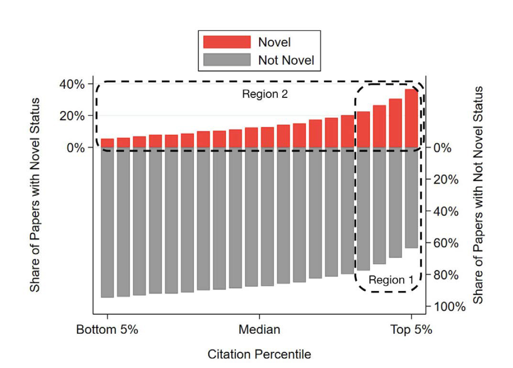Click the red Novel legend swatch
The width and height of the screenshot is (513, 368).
tap(227, 42)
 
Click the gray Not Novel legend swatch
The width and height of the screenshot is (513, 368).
tap(227, 60)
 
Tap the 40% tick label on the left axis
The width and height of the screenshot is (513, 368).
tap(72, 84)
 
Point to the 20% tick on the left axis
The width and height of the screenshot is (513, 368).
tap(72, 116)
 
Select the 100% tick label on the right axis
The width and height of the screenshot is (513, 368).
tap(447, 307)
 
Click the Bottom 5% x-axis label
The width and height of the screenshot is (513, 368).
tap(107, 330)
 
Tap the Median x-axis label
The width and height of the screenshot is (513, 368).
tap(259, 330)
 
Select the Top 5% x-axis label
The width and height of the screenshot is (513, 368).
tap(411, 330)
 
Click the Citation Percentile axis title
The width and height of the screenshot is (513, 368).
tap(259, 355)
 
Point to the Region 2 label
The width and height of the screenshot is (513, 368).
tap(265, 94)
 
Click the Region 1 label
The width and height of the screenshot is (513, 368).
tap(391, 280)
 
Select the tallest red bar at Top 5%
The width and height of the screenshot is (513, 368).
tap(411, 118)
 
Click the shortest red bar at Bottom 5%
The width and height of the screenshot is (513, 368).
tap(107, 143)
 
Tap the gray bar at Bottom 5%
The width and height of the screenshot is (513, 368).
tap(107, 222)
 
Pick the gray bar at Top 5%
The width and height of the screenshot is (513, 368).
tap(411, 198)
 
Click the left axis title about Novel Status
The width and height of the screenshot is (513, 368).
tap(35, 195)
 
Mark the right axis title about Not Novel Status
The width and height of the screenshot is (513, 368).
tap(478, 195)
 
